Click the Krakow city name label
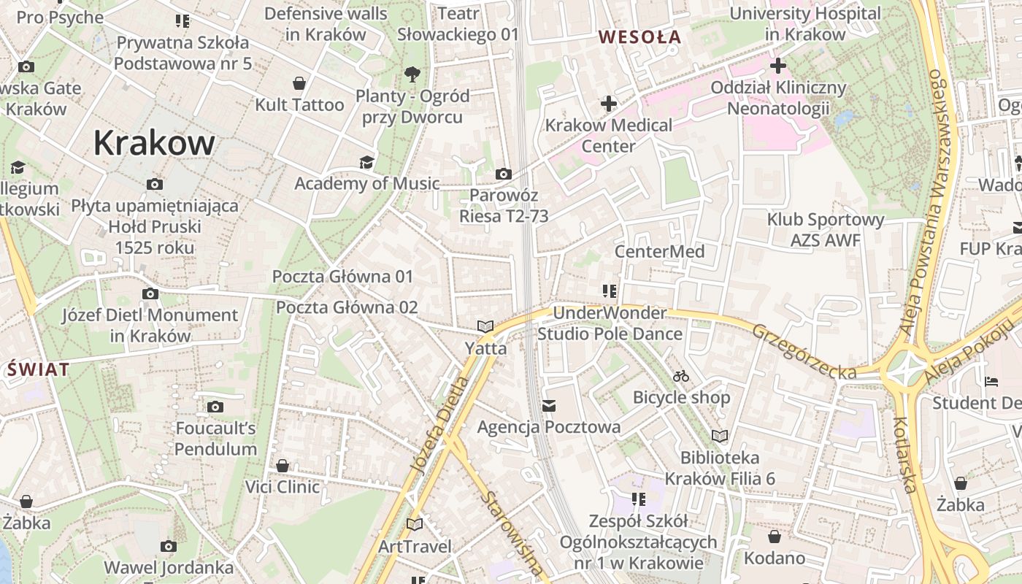coord(154,144)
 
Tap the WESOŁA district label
coord(639,36)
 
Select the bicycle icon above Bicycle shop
coord(681,376)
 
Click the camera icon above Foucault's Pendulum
coord(215,407)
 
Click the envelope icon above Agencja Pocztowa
coord(549,405)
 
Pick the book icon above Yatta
coord(485,326)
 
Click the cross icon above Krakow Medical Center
coord(608,104)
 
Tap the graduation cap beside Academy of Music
coord(366,161)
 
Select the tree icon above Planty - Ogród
coord(412,74)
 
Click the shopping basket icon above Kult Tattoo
coord(299,82)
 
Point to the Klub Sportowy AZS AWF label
coord(825,230)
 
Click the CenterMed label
coord(659,252)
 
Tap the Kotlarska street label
coord(904,455)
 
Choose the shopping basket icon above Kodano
coord(774,537)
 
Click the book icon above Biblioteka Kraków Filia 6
coord(720,436)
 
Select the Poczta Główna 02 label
coord(347,307)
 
